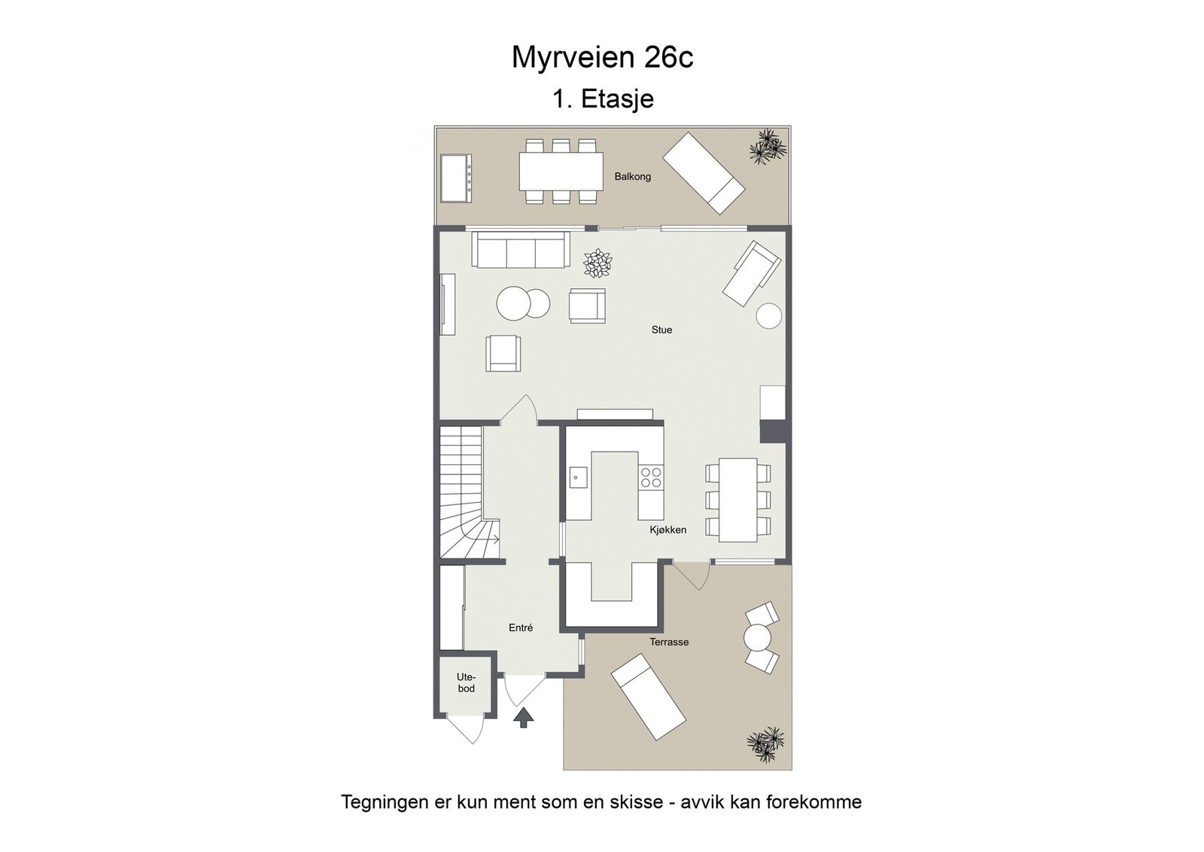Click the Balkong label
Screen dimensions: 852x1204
(x=632, y=177)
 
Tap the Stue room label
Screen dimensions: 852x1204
(x=661, y=330)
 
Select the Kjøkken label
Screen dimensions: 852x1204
(x=667, y=530)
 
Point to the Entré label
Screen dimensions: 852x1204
(x=521, y=628)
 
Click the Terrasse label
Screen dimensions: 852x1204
(x=669, y=642)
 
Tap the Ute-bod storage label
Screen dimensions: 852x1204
(x=466, y=683)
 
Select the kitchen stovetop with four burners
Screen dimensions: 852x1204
(x=651, y=477)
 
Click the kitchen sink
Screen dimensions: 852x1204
(x=578, y=477)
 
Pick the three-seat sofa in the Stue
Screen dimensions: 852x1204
(x=520, y=250)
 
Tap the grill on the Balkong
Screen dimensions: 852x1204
(x=456, y=178)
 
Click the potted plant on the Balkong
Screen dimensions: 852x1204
(x=767, y=146)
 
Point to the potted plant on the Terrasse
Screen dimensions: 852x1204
(x=765, y=744)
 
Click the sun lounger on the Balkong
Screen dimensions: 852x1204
(x=704, y=172)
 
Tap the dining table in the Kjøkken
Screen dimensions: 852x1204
(x=737, y=499)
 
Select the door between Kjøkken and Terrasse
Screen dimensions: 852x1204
(x=691, y=576)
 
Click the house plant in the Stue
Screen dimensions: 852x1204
(x=598, y=263)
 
